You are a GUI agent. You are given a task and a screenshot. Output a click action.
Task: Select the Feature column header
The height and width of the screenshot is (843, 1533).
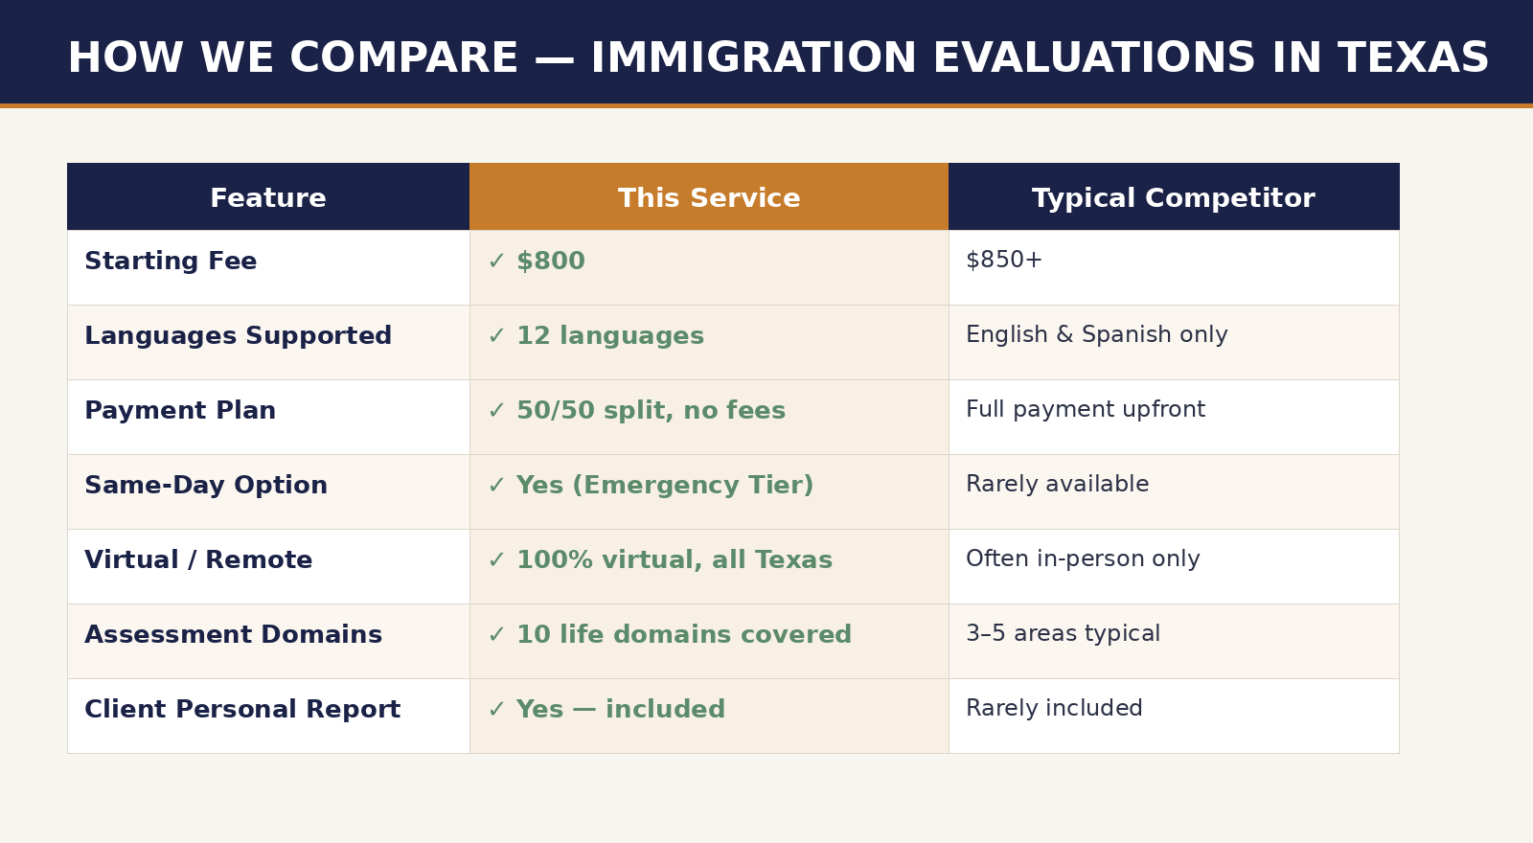(268, 198)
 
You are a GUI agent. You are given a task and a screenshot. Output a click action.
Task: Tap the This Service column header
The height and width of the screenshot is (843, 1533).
(709, 198)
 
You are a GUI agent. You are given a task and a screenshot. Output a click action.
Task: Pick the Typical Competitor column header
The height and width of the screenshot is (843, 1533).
(1174, 198)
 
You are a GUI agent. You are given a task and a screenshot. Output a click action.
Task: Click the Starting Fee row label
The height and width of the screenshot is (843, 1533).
(171, 261)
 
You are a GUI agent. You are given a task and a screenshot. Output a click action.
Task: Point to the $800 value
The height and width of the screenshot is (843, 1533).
(551, 261)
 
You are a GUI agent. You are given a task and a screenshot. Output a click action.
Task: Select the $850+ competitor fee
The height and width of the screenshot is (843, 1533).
(1004, 260)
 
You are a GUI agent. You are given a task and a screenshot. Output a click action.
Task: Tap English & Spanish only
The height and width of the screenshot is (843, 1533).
(1096, 334)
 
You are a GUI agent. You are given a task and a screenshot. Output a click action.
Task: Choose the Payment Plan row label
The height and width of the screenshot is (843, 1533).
(180, 410)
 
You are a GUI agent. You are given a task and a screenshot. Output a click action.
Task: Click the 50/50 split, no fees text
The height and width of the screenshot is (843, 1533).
(651, 410)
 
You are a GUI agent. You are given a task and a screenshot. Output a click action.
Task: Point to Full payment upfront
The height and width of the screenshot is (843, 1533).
(1086, 409)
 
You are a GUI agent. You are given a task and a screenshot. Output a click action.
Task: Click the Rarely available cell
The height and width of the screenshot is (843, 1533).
(1058, 484)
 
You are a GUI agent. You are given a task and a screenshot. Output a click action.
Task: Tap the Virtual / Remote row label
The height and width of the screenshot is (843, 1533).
(198, 559)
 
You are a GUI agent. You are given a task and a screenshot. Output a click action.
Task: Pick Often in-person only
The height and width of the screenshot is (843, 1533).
(1083, 558)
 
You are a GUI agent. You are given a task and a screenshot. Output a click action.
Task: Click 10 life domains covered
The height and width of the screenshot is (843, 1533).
(684, 634)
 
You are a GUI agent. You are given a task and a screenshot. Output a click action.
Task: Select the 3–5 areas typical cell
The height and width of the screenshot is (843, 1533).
(1063, 633)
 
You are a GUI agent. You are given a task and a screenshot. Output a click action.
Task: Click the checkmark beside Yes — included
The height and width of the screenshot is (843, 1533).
(496, 710)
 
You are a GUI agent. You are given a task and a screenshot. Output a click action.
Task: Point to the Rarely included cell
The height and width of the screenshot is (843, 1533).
(1054, 708)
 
